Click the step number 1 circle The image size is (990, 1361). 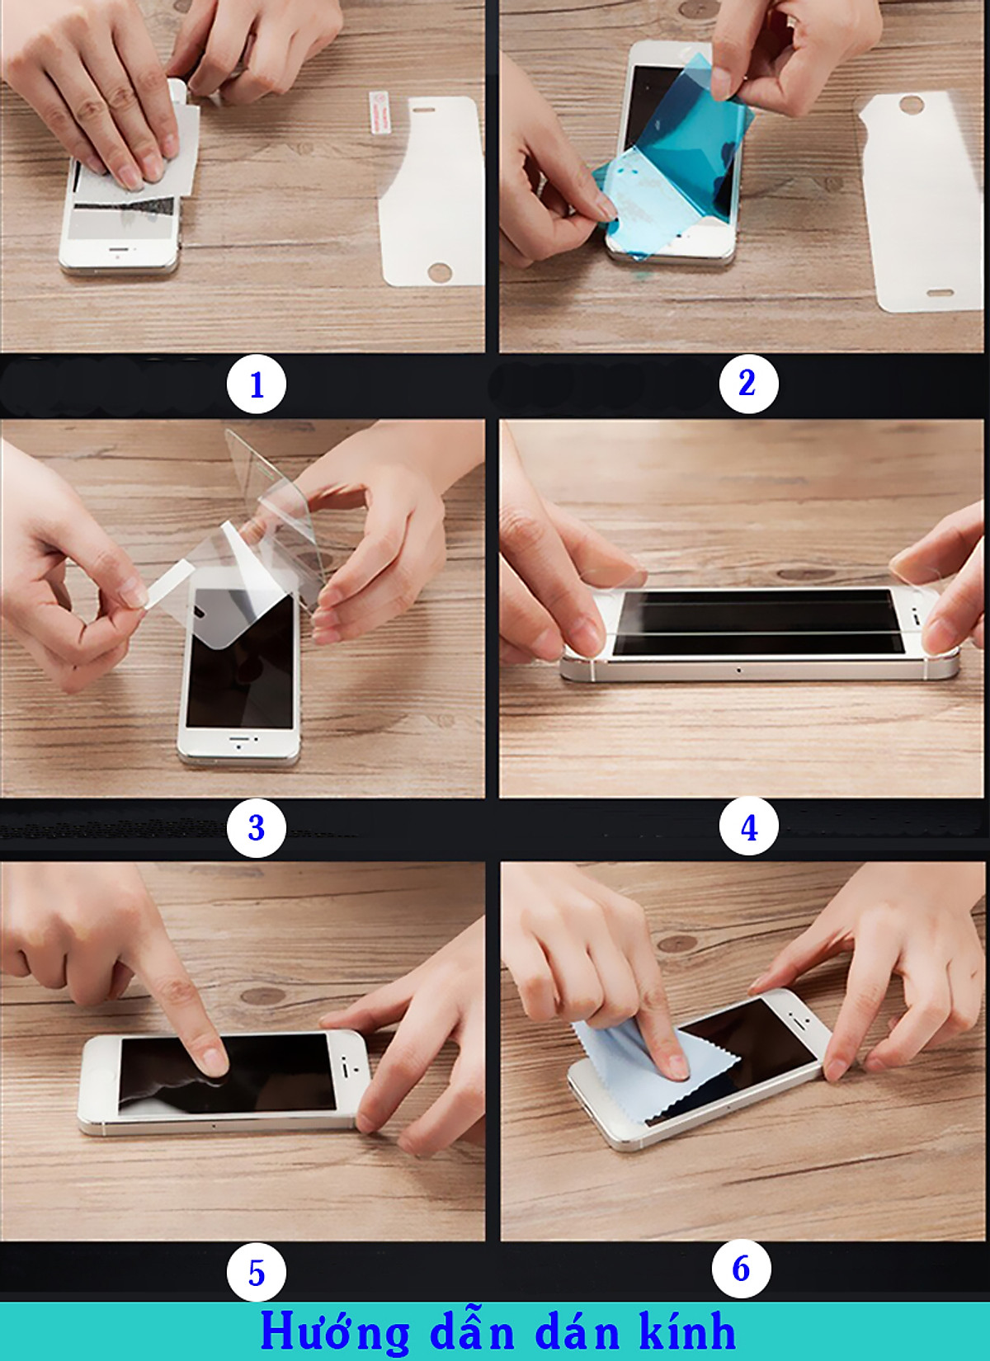tap(257, 384)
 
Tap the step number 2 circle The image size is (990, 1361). tap(748, 384)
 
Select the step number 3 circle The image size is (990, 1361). tap(257, 827)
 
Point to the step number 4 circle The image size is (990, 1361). tap(748, 826)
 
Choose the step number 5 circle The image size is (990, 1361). tap(257, 1272)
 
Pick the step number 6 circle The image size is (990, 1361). tap(742, 1269)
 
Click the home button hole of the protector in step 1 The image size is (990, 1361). tap(439, 271)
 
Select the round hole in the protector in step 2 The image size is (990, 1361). tap(910, 104)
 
